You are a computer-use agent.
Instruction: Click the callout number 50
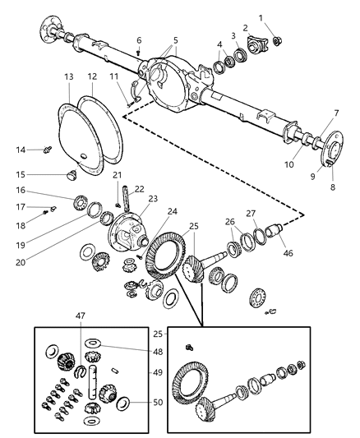(158, 402)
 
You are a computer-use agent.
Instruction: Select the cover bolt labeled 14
(46, 150)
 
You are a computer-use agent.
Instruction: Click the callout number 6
(138, 39)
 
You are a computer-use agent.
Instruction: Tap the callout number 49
(158, 371)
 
